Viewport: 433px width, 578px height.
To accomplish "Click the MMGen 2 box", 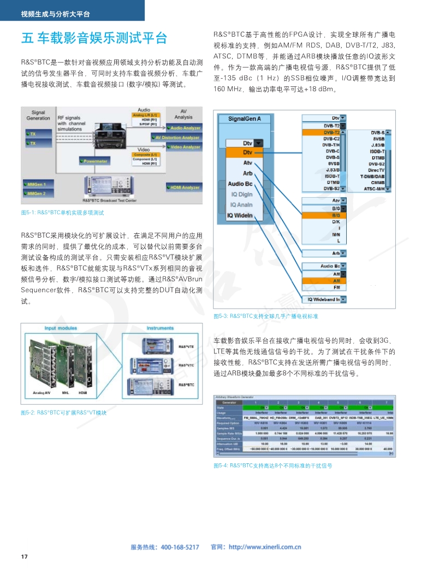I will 37,193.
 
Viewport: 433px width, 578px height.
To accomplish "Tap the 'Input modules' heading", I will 61,328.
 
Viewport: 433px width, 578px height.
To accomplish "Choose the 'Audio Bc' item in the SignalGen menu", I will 240,184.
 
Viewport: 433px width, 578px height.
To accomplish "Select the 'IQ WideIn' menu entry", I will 240,215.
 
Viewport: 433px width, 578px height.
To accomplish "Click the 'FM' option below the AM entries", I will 336,287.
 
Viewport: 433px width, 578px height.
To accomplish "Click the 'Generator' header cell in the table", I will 229,403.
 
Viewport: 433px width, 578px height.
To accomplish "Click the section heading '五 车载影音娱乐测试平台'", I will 94,38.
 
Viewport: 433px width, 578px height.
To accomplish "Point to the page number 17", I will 23,556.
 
